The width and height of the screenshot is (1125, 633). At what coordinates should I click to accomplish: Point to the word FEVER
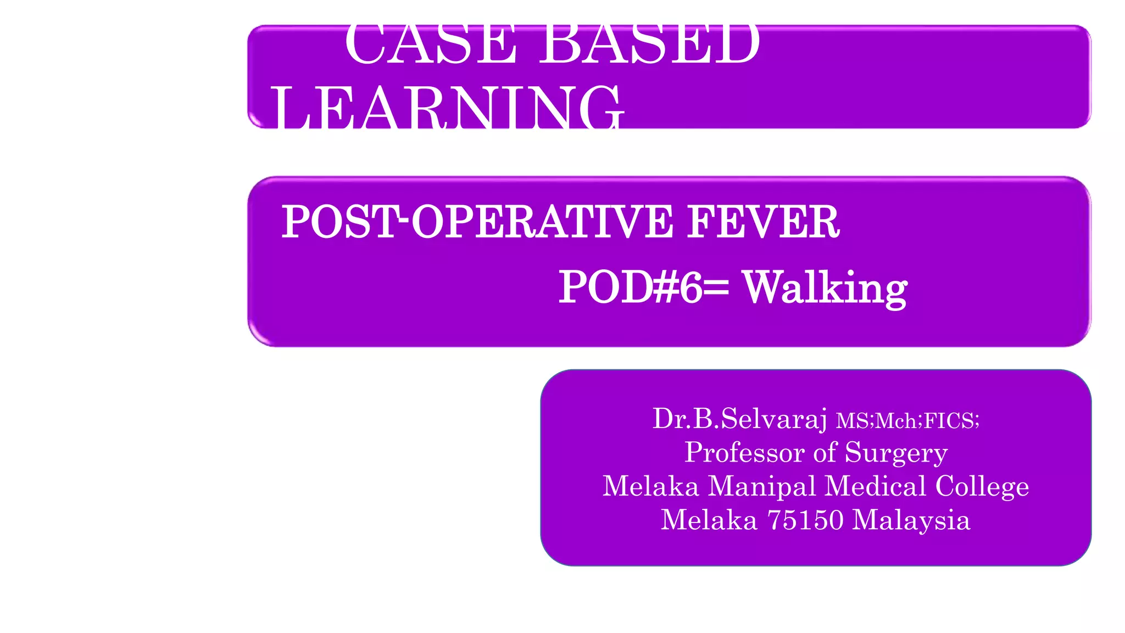pyautogui.click(x=764, y=221)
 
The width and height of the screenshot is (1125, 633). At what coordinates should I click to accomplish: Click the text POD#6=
pyautogui.click(x=644, y=287)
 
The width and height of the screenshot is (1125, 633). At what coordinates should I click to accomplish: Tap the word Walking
pyautogui.click(x=825, y=288)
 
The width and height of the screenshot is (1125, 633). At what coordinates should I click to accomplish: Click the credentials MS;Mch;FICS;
pyautogui.click(x=907, y=421)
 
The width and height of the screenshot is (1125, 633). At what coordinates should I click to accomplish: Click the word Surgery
pyautogui.click(x=896, y=453)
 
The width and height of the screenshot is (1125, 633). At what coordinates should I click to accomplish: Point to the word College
pyautogui.click(x=982, y=487)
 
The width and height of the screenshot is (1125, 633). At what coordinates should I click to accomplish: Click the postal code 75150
pyautogui.click(x=805, y=520)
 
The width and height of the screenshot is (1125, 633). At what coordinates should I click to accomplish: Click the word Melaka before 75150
pyautogui.click(x=709, y=520)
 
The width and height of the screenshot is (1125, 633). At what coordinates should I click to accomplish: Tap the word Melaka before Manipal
pyautogui.click(x=651, y=486)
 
